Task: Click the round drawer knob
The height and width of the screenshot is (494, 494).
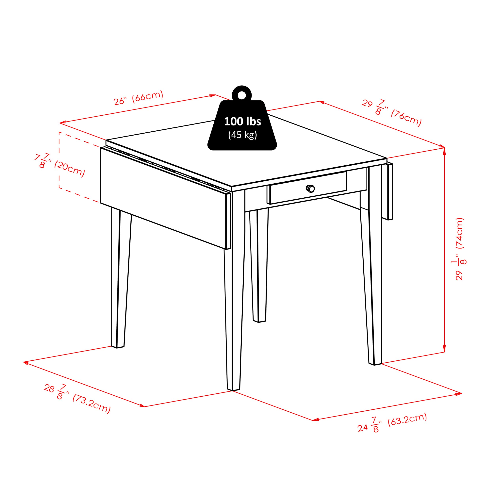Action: tap(310, 189)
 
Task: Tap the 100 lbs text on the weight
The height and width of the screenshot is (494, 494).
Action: tap(242, 122)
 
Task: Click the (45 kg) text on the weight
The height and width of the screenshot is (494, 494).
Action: tap(242, 135)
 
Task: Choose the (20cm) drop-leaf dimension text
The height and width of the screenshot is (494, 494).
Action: tap(70, 169)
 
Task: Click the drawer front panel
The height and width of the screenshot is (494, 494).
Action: tap(308, 188)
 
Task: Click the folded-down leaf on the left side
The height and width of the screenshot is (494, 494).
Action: tap(164, 198)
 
